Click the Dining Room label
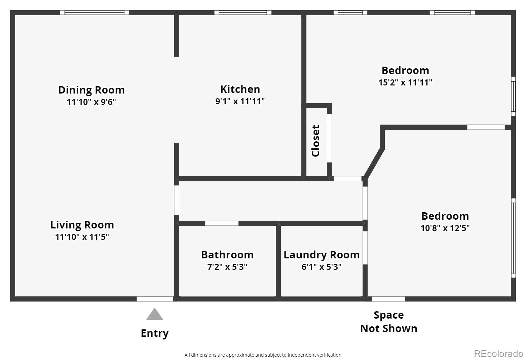tap(91, 90)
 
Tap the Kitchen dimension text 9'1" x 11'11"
tap(240, 101)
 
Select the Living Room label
tap(82, 225)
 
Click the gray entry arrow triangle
tap(155, 315)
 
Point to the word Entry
tap(155, 333)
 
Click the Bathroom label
tap(227, 255)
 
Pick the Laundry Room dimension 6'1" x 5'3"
tap(321, 267)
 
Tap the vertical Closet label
tap(315, 141)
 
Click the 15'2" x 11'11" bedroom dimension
tap(405, 82)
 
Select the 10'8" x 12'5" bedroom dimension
tap(445, 228)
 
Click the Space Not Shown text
tap(389, 322)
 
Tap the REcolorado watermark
tap(498, 354)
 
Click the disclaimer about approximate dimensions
tap(263, 355)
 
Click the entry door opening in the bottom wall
tap(155, 299)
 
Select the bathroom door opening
tap(222, 223)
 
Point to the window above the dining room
tap(95, 13)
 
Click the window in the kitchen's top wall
tap(243, 13)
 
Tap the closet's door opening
tap(329, 138)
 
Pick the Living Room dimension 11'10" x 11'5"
tap(82, 237)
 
